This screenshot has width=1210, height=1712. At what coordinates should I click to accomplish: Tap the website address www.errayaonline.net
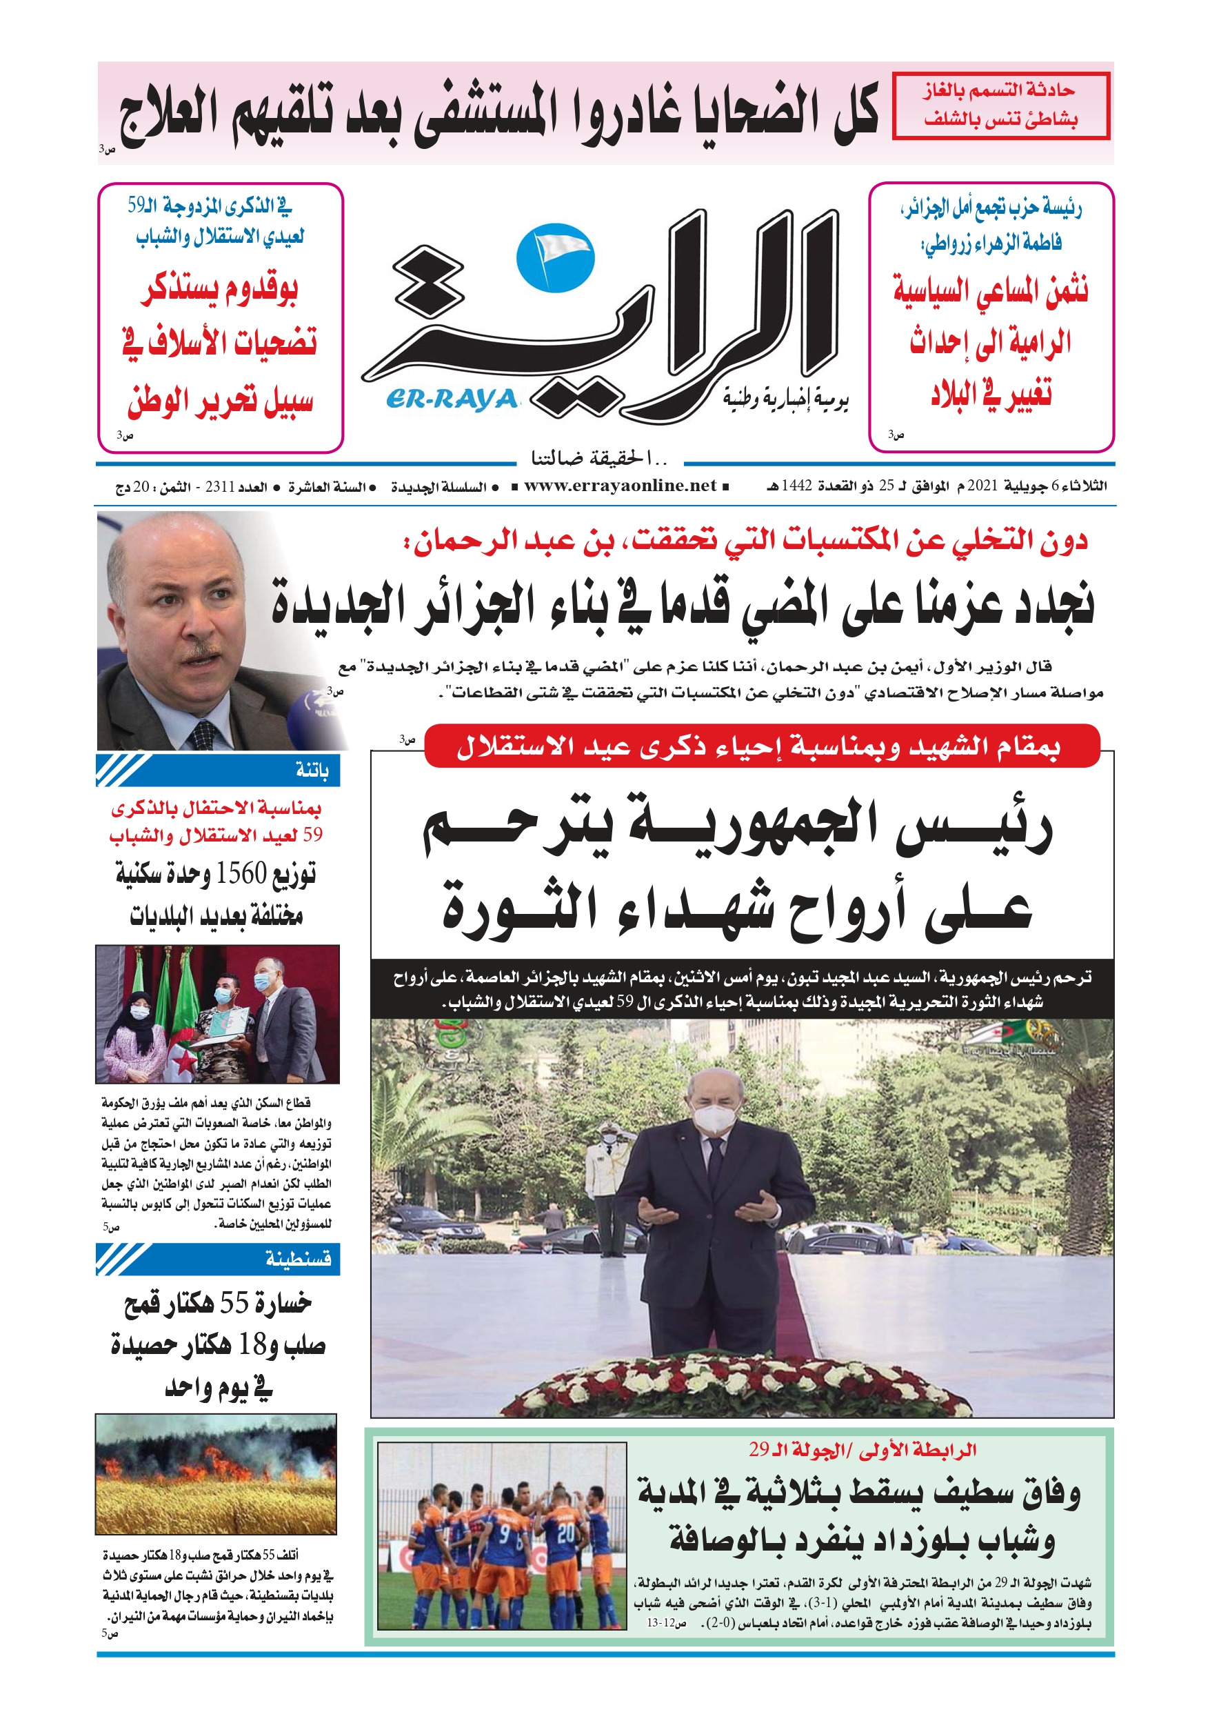(620, 486)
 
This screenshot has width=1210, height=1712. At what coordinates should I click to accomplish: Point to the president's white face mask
(714, 1115)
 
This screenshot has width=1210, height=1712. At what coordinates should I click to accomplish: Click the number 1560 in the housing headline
(241, 873)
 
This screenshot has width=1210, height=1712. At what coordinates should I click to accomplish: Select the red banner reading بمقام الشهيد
(760, 746)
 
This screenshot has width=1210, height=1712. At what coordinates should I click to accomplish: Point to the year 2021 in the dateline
(982, 486)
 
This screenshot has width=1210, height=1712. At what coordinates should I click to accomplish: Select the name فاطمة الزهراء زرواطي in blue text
(991, 242)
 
